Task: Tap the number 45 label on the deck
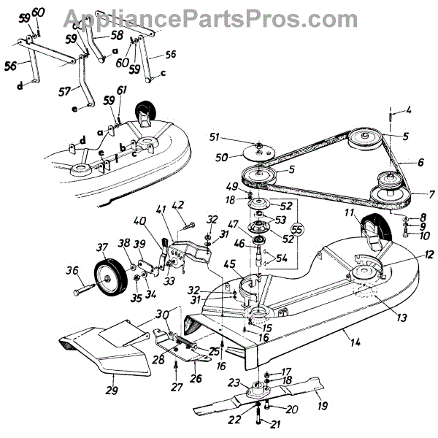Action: [228, 264]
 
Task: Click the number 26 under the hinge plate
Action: [196, 379]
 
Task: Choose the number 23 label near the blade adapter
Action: [234, 382]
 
